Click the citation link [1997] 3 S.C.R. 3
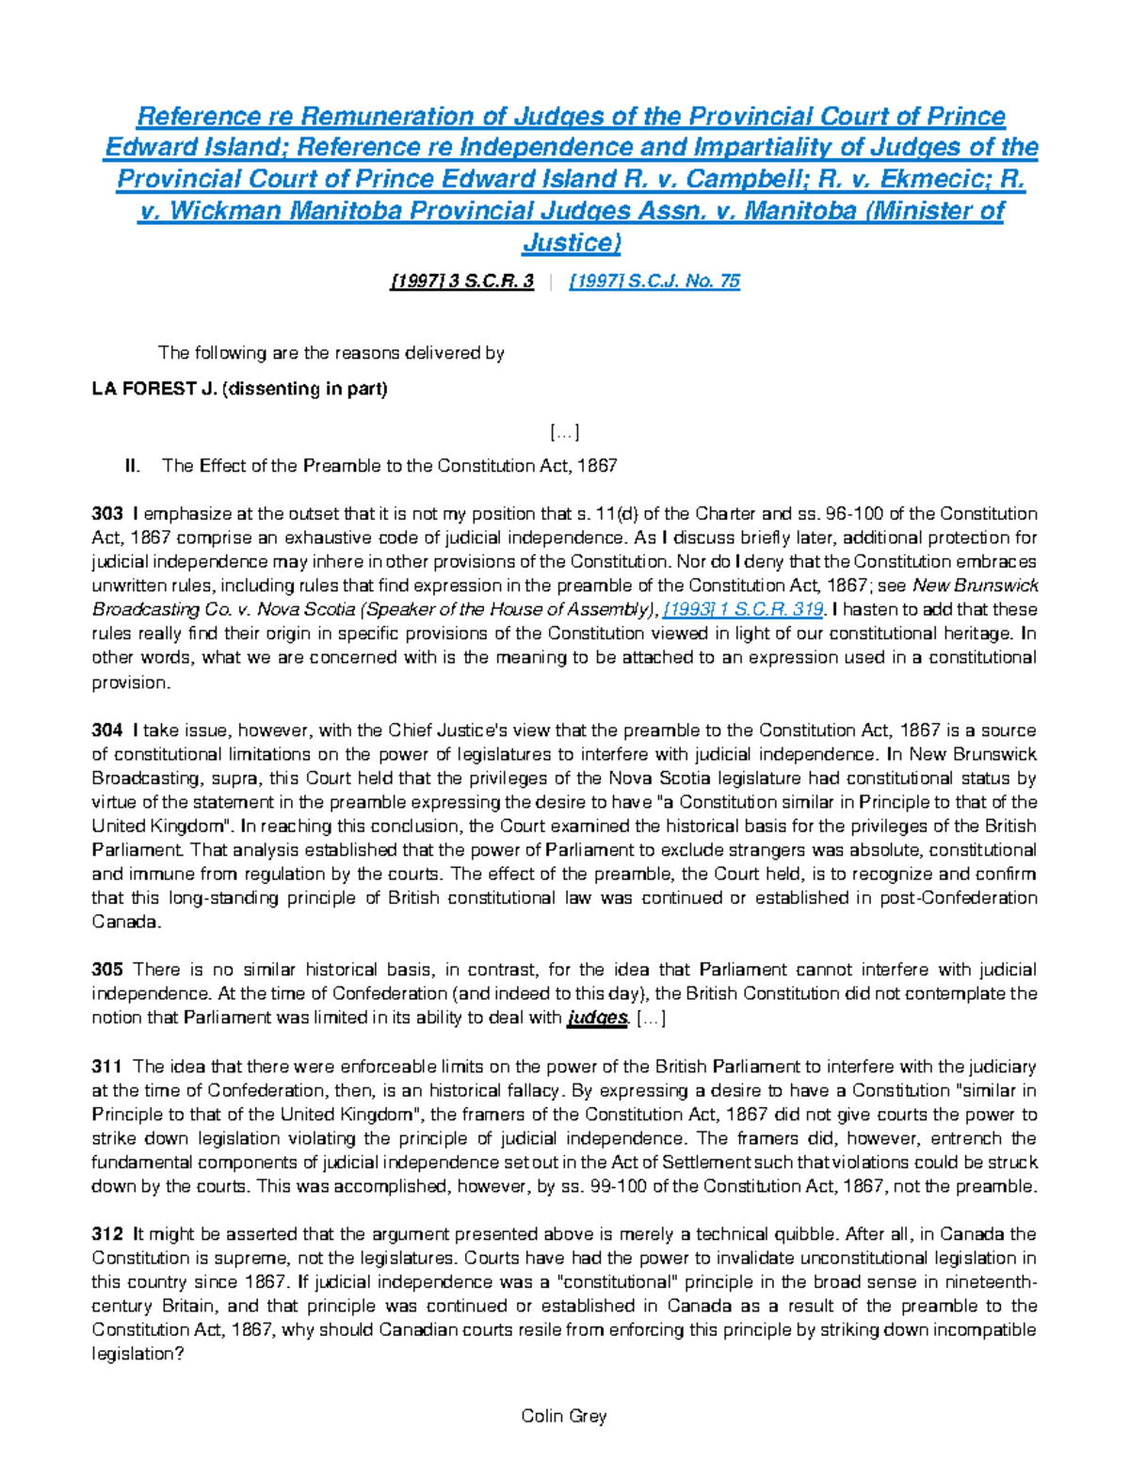pos(461,281)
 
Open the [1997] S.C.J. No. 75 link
pos(654,281)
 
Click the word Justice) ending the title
pos(572,243)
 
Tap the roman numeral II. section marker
pos(133,466)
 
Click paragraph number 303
pos(107,514)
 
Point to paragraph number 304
pos(107,731)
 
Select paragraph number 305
pos(107,970)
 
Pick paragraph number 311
pos(107,1067)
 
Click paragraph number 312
pos(107,1234)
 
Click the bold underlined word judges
pos(597,1018)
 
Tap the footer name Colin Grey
pos(564,1416)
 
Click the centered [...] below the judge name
pos(564,432)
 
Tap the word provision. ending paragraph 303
pos(131,683)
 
